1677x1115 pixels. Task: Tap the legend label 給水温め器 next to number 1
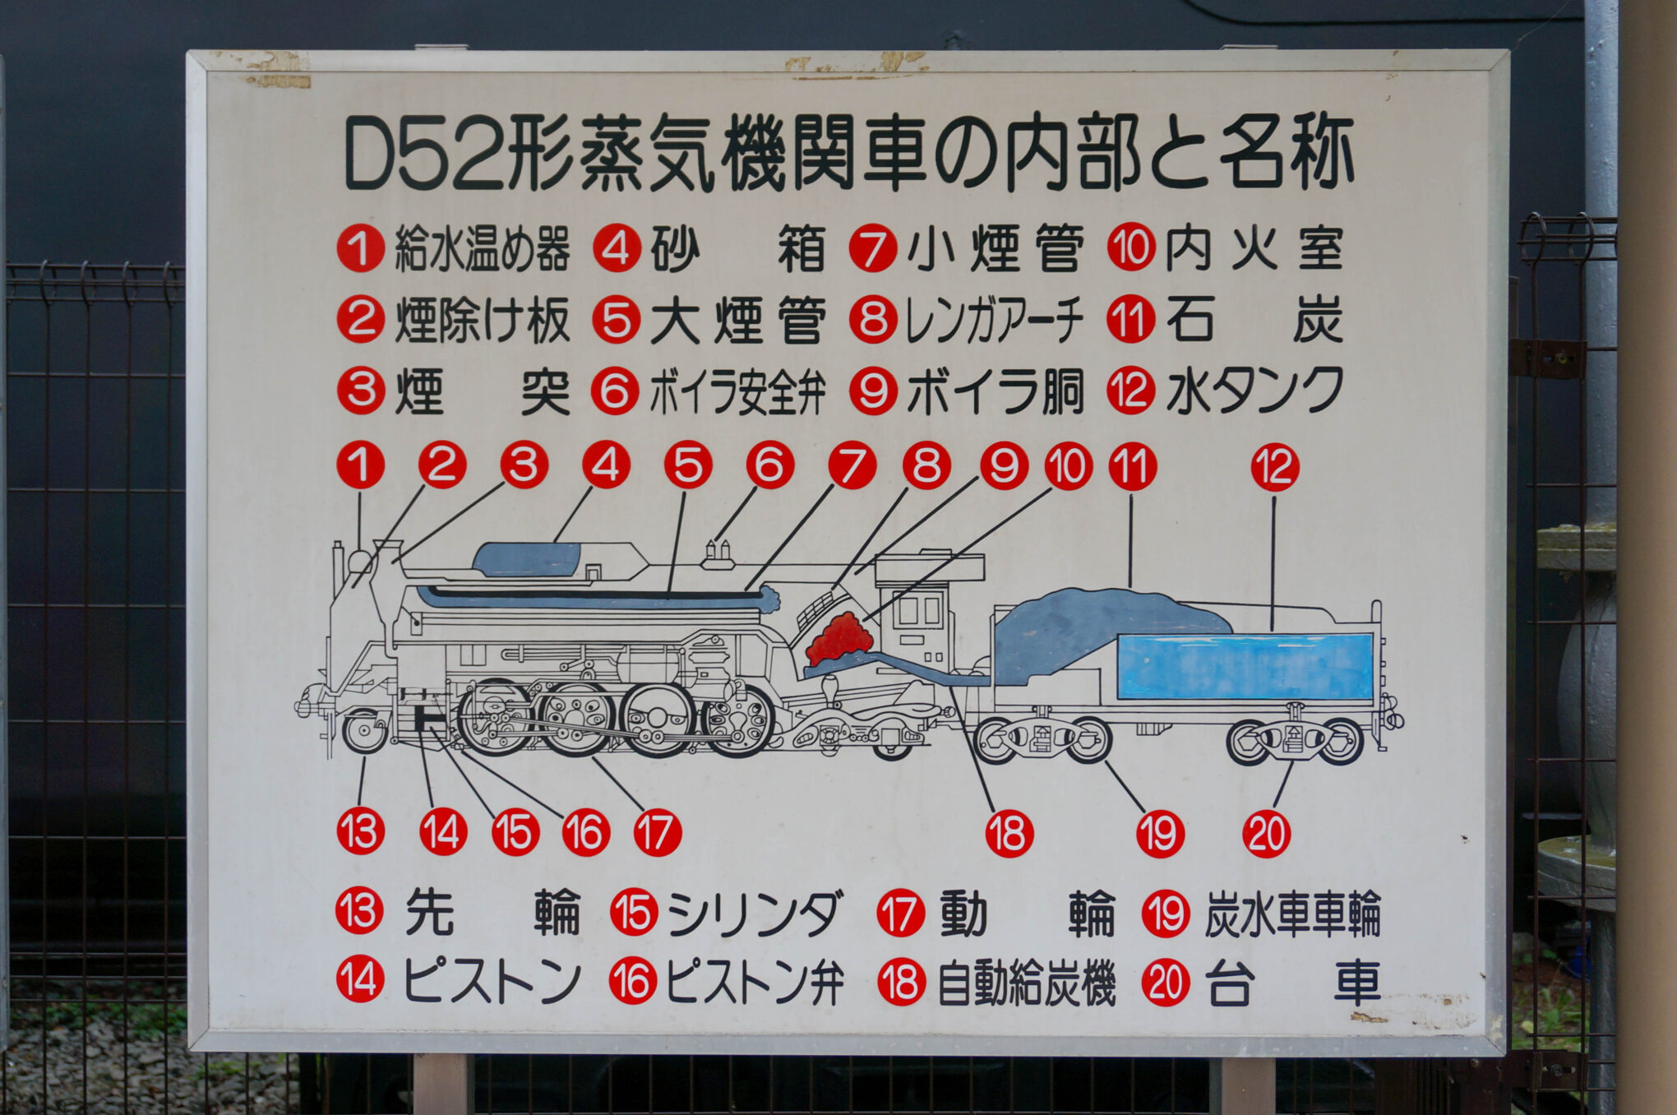(x=482, y=249)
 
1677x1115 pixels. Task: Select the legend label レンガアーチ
(x=994, y=321)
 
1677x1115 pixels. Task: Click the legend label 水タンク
(x=1254, y=391)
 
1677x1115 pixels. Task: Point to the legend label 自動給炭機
(x=1027, y=983)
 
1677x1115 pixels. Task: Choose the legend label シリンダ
(x=755, y=914)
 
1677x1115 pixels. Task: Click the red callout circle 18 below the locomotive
(x=1009, y=834)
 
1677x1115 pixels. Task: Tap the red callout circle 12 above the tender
(x=1275, y=468)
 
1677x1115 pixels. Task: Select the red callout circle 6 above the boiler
(x=769, y=465)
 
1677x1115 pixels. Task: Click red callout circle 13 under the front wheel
(x=361, y=831)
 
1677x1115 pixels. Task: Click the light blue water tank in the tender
(x=1245, y=667)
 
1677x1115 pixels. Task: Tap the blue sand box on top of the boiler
(x=527, y=560)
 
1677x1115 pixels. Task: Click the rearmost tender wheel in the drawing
(x=1342, y=742)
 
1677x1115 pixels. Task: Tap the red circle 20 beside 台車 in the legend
(x=1166, y=983)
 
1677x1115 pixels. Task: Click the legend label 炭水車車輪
(x=1292, y=914)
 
